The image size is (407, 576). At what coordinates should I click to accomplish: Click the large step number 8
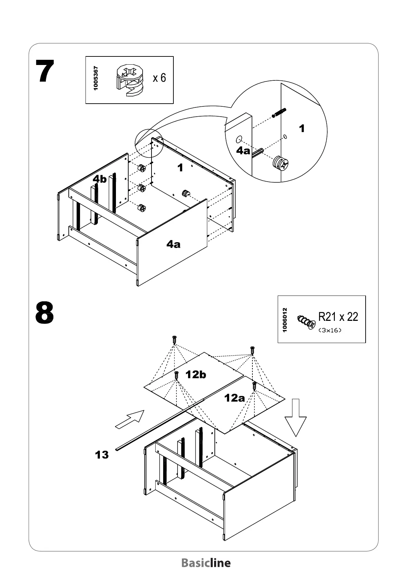pos(45,313)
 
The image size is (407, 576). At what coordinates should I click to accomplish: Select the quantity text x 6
pos(159,78)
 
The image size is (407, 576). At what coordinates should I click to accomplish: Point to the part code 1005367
pos(96,78)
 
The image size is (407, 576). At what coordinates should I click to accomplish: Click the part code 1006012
pos(285,320)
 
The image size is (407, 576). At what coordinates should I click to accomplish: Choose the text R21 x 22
pos(338,317)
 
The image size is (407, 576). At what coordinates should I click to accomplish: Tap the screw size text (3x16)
pos(330,330)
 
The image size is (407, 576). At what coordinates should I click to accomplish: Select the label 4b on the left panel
pos(100,179)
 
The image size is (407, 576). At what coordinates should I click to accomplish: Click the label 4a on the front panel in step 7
pos(173,244)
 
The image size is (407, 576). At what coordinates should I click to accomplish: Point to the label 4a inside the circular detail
pos(244,150)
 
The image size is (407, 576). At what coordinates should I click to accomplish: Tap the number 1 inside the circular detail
pos(302,129)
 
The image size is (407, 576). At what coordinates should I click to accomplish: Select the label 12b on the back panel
pos(196,375)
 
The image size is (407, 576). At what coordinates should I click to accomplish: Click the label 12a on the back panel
pos(235,398)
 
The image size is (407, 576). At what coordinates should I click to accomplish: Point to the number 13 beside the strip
pos(102,455)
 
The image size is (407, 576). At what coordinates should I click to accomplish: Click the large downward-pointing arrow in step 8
pos(296,418)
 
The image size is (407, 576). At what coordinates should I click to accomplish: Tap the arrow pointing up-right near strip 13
pos(130,419)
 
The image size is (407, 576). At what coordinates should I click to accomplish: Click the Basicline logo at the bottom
pos(206,563)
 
